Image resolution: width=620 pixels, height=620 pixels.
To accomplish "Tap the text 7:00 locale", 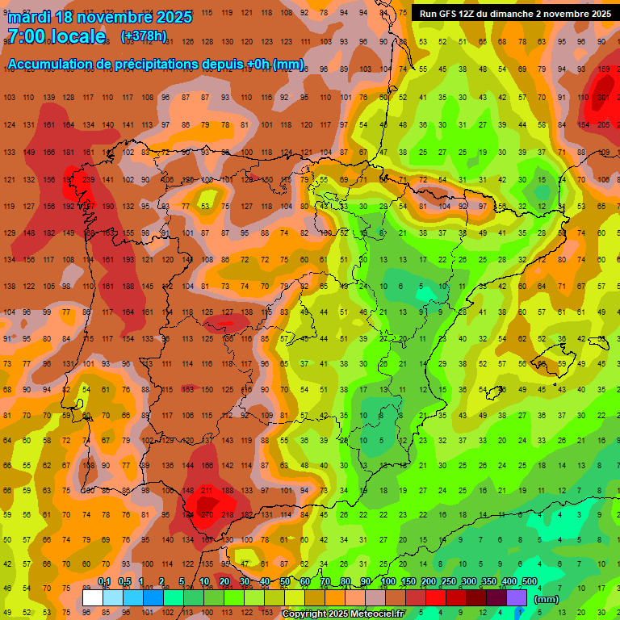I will tap(56, 36).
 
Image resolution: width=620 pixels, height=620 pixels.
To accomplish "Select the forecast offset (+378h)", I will tap(144, 36).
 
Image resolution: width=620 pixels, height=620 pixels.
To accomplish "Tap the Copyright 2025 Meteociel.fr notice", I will tap(342, 614).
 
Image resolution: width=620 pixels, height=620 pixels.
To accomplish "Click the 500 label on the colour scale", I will tap(530, 582).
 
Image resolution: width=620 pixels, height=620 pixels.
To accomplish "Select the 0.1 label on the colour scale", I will tap(104, 582).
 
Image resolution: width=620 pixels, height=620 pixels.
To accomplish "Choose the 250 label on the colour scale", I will tap(448, 582).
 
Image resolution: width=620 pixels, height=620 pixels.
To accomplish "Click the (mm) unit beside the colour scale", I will tap(547, 599).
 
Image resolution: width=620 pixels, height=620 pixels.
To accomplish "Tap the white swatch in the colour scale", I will tap(93, 598).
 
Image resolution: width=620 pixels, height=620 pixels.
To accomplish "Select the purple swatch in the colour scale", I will tap(517, 598).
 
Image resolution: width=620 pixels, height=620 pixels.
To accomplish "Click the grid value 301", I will tap(602, 98).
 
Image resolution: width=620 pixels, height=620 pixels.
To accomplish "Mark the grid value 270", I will tap(206, 514).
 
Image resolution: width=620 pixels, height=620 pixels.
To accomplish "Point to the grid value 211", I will tap(207, 490).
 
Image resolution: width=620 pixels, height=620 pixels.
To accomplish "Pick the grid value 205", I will tap(603, 124).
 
